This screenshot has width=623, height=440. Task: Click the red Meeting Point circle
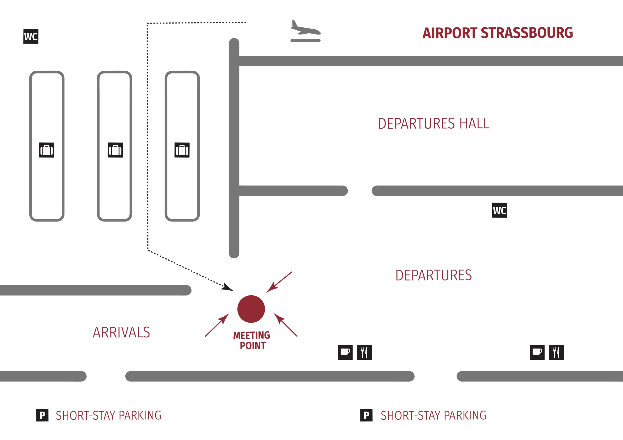[251, 309]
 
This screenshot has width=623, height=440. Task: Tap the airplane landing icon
[305, 31]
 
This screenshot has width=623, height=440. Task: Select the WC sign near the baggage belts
[31, 36]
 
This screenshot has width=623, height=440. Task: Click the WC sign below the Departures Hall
[500, 210]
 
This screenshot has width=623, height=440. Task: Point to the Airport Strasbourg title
[497, 33]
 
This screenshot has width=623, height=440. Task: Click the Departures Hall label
[434, 124]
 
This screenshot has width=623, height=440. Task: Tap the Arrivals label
[121, 332]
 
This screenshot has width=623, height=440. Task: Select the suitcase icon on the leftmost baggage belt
[46, 150]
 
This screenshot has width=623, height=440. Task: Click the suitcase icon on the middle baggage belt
[115, 150]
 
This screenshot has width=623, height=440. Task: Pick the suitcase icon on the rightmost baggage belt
[182, 150]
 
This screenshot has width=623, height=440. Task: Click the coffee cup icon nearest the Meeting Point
[345, 352]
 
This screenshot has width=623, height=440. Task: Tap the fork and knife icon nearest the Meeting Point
[364, 352]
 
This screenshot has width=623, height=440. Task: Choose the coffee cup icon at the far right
[537, 352]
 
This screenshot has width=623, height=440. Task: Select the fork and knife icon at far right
[556, 352]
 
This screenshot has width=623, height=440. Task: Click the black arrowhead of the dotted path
[227, 288]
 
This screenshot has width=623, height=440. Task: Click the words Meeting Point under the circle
[252, 341]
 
